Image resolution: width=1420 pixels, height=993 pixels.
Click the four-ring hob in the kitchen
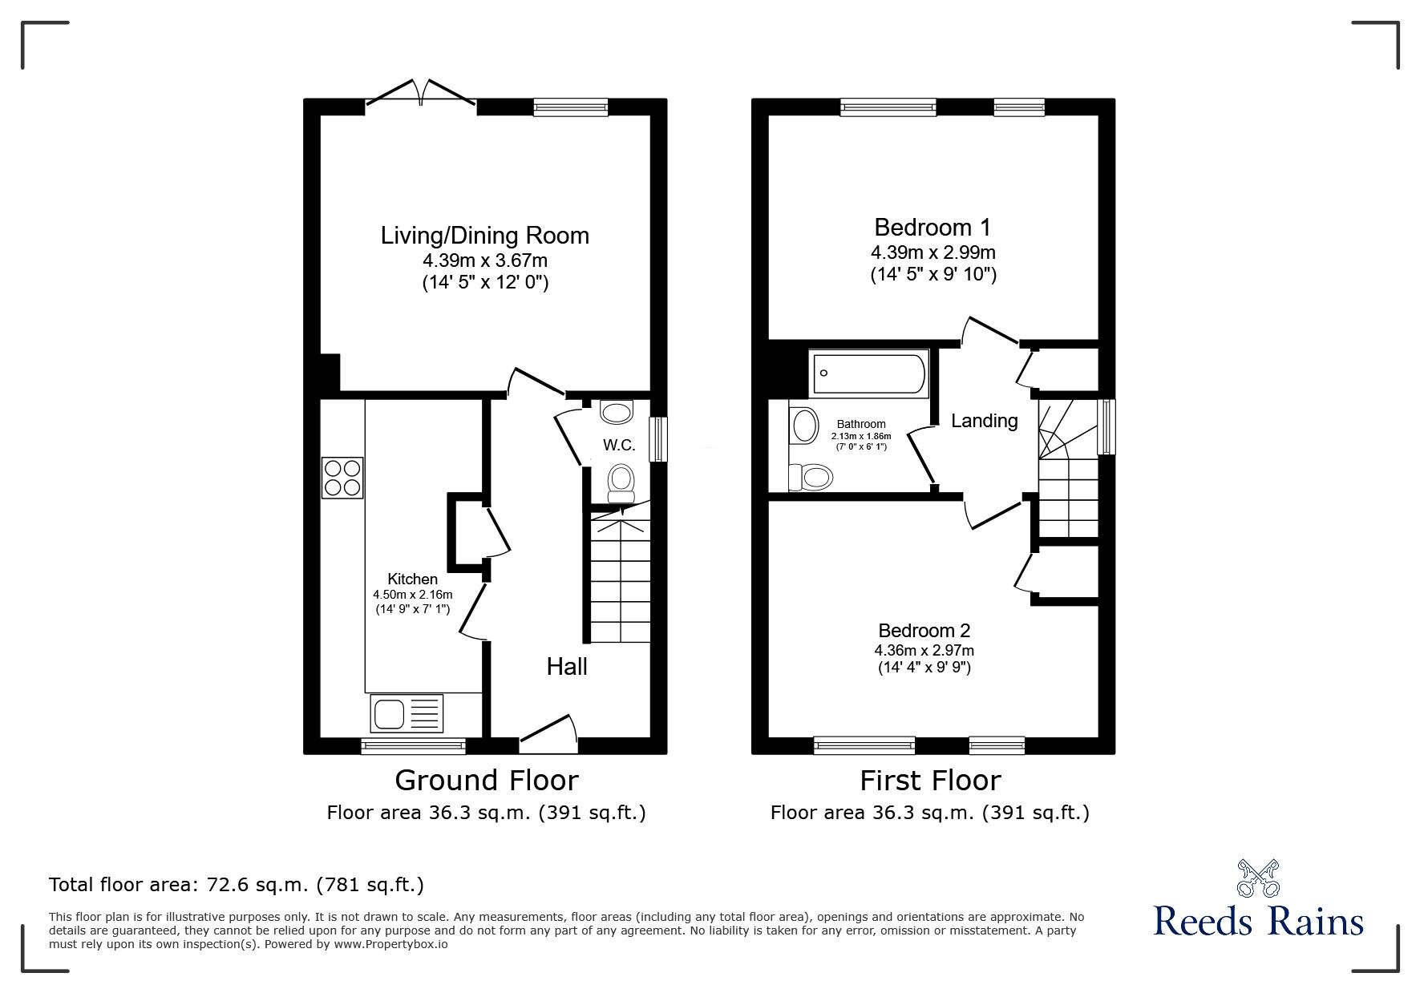pos(342,477)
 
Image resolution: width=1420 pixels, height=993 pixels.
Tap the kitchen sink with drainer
pos(407,712)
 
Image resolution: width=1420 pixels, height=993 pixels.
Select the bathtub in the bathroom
pos(868,372)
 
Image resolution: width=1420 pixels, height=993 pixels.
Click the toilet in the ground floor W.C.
pos(621,482)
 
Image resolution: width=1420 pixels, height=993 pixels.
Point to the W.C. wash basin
pos(616,412)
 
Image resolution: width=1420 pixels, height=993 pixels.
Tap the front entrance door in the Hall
pos(548,735)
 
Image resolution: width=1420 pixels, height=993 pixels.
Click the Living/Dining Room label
pos(484,236)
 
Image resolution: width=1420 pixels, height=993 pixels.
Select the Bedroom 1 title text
pos(933,228)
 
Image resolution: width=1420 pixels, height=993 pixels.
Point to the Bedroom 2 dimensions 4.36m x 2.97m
pos(924,651)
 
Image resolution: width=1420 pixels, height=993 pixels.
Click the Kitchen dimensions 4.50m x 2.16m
pos(412,595)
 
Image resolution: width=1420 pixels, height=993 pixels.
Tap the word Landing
pos(984,421)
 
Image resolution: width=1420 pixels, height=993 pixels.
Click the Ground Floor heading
pos(486,780)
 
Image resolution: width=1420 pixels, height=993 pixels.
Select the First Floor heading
pos(930,780)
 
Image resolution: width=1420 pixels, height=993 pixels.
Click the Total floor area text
pos(237,885)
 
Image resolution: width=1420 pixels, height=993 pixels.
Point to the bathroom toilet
pos(811,478)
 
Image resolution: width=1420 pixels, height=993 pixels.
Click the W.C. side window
pos(658,439)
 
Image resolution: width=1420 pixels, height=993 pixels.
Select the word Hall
pos(567,666)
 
